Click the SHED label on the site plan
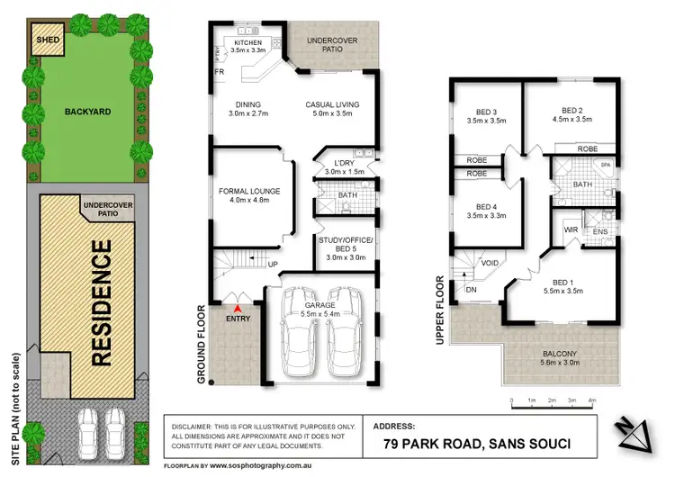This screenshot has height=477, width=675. click(x=43, y=40)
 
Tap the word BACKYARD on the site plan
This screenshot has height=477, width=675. click(x=86, y=112)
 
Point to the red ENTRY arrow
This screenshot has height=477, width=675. click(x=238, y=310)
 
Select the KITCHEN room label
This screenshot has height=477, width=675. click(x=247, y=43)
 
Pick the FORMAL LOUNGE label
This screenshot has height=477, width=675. click(x=249, y=191)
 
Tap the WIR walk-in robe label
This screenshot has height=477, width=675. click(x=571, y=230)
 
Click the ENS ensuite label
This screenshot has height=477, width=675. click(x=600, y=231)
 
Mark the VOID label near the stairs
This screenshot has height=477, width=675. click(x=490, y=263)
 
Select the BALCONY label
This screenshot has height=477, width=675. click(x=560, y=354)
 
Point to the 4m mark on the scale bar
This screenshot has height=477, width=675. click(x=591, y=399)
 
